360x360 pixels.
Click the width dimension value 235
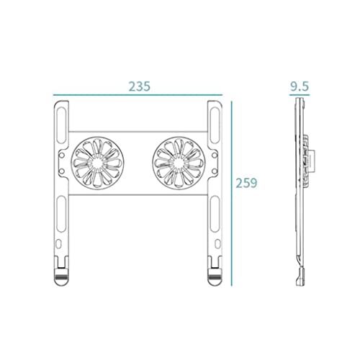[140, 86]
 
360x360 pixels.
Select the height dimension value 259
[246, 183]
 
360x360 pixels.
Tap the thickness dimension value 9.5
[300, 86]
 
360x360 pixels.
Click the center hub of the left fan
[96, 163]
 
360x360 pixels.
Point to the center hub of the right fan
[178, 163]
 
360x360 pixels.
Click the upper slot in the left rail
[61, 125]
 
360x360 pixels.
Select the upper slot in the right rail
[215, 125]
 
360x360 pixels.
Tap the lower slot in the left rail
[61, 214]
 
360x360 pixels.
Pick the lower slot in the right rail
[215, 214]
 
